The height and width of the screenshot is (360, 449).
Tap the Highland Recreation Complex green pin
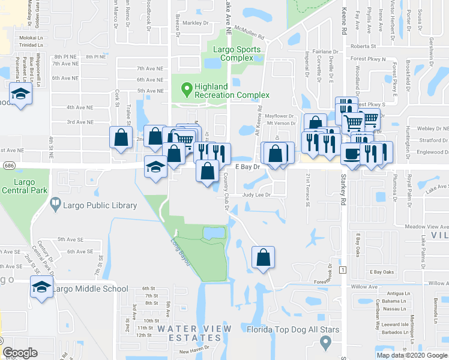pos(187,90)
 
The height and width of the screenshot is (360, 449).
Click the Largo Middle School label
pos(90,289)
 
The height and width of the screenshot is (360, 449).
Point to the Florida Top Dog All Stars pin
pos(326,342)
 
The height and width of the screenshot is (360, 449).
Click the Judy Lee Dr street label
pos(256,195)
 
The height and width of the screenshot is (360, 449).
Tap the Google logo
pos(20,353)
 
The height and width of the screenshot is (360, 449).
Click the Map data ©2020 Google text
pos(412,355)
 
